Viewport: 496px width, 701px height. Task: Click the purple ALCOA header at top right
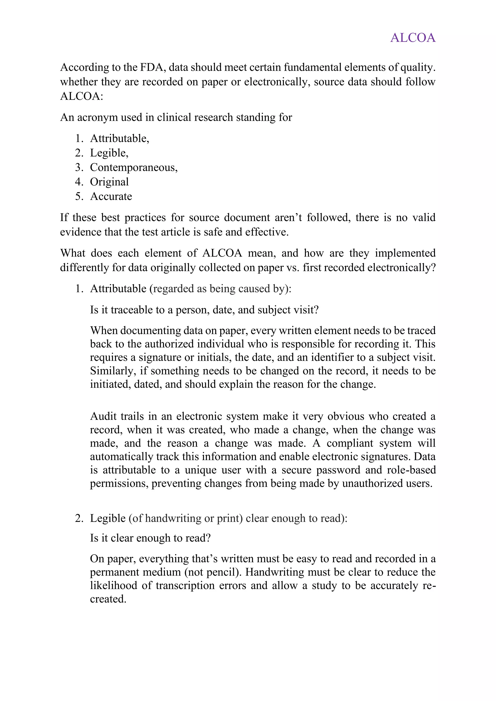click(x=413, y=38)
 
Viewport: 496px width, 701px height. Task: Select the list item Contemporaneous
click(x=133, y=167)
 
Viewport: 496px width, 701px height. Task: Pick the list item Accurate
click(x=111, y=196)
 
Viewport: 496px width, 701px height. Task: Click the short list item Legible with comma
click(x=109, y=153)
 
